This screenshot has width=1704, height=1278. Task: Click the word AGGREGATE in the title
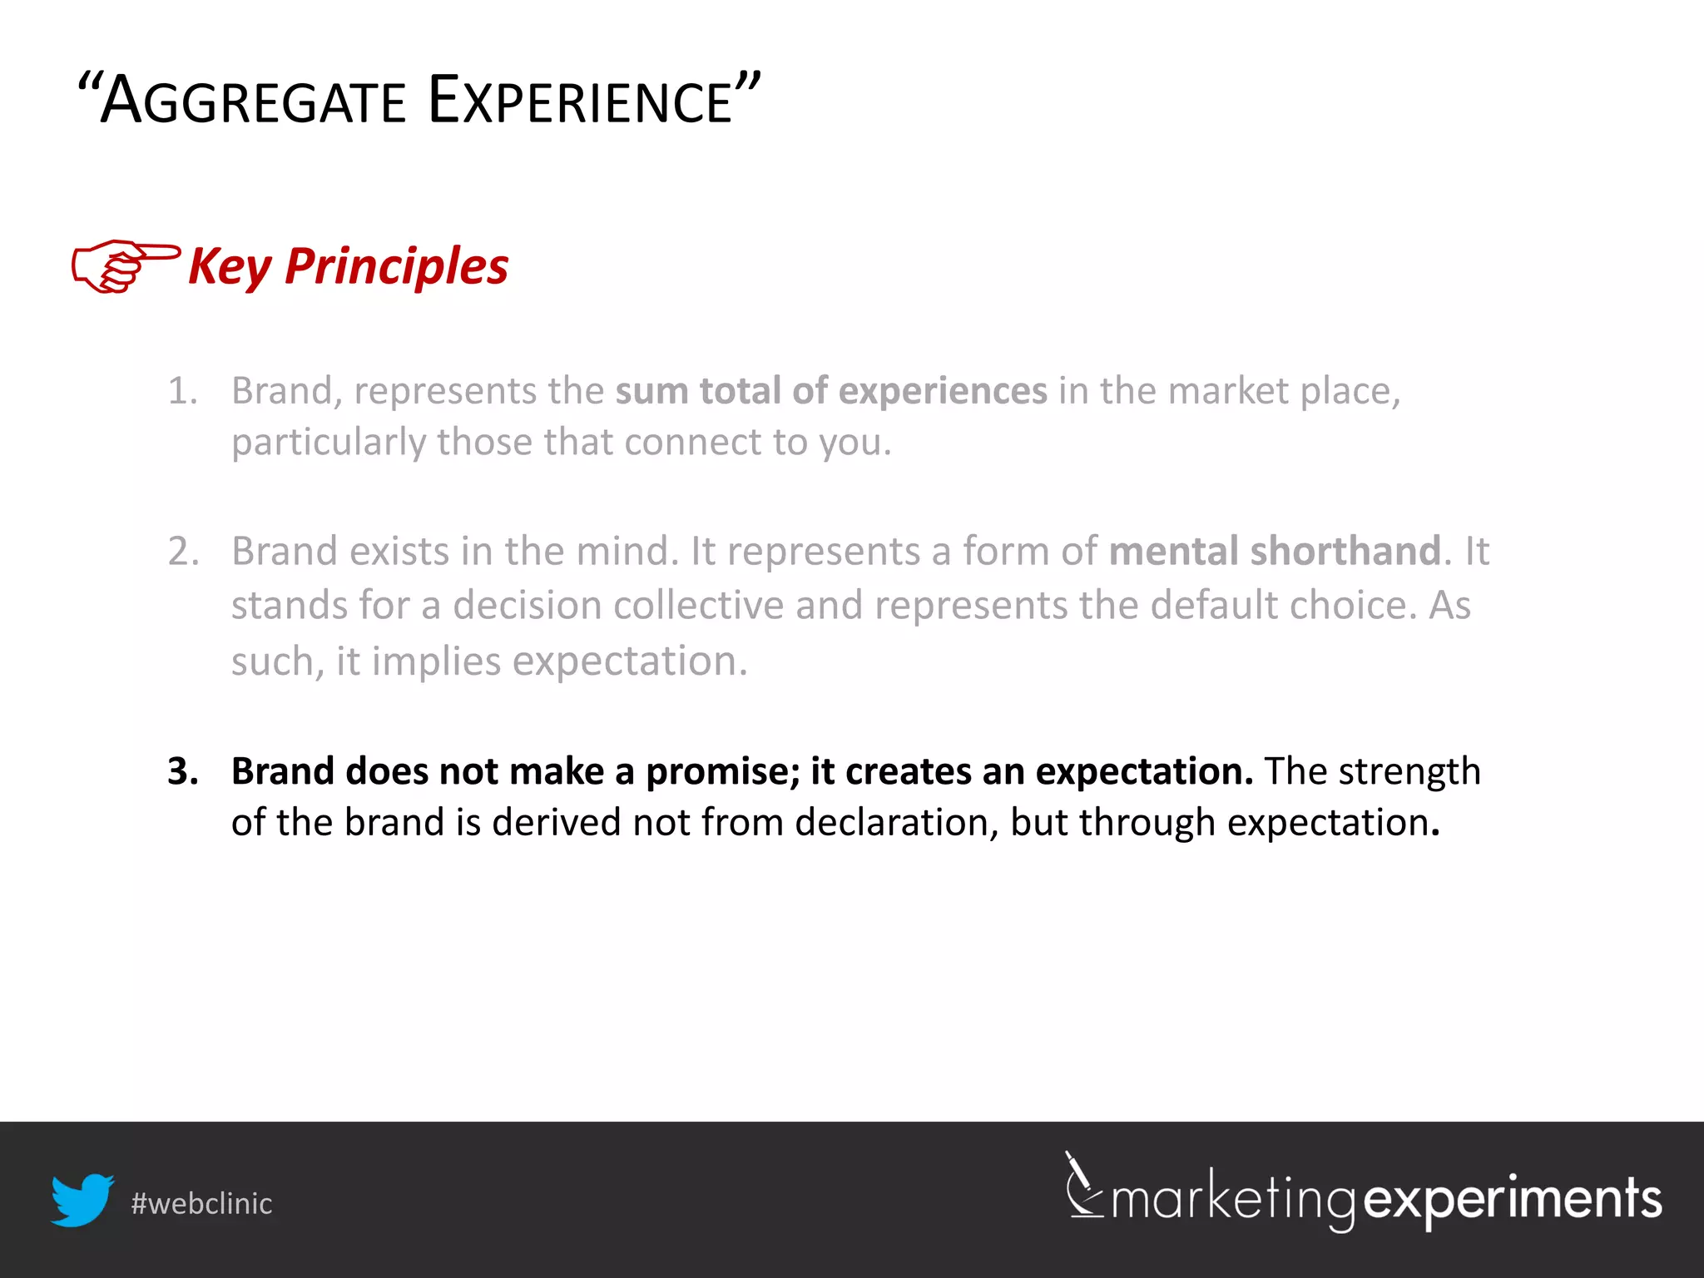[x=254, y=102]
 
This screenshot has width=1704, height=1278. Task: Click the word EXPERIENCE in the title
[x=580, y=102]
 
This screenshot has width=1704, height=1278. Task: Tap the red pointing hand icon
[x=125, y=266]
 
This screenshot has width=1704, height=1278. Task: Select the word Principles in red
[x=396, y=266]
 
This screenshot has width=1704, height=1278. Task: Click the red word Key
[x=230, y=268]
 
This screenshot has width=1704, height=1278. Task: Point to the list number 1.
[x=182, y=391]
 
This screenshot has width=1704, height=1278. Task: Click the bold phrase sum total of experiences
[x=831, y=391]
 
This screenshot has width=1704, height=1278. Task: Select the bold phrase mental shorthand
[x=1275, y=552]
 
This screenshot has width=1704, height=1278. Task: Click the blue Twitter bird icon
[x=82, y=1200]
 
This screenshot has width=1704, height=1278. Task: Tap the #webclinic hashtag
[x=201, y=1204]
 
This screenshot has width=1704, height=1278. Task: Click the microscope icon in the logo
[x=1083, y=1186]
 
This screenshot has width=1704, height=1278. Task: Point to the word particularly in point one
[x=329, y=443]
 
